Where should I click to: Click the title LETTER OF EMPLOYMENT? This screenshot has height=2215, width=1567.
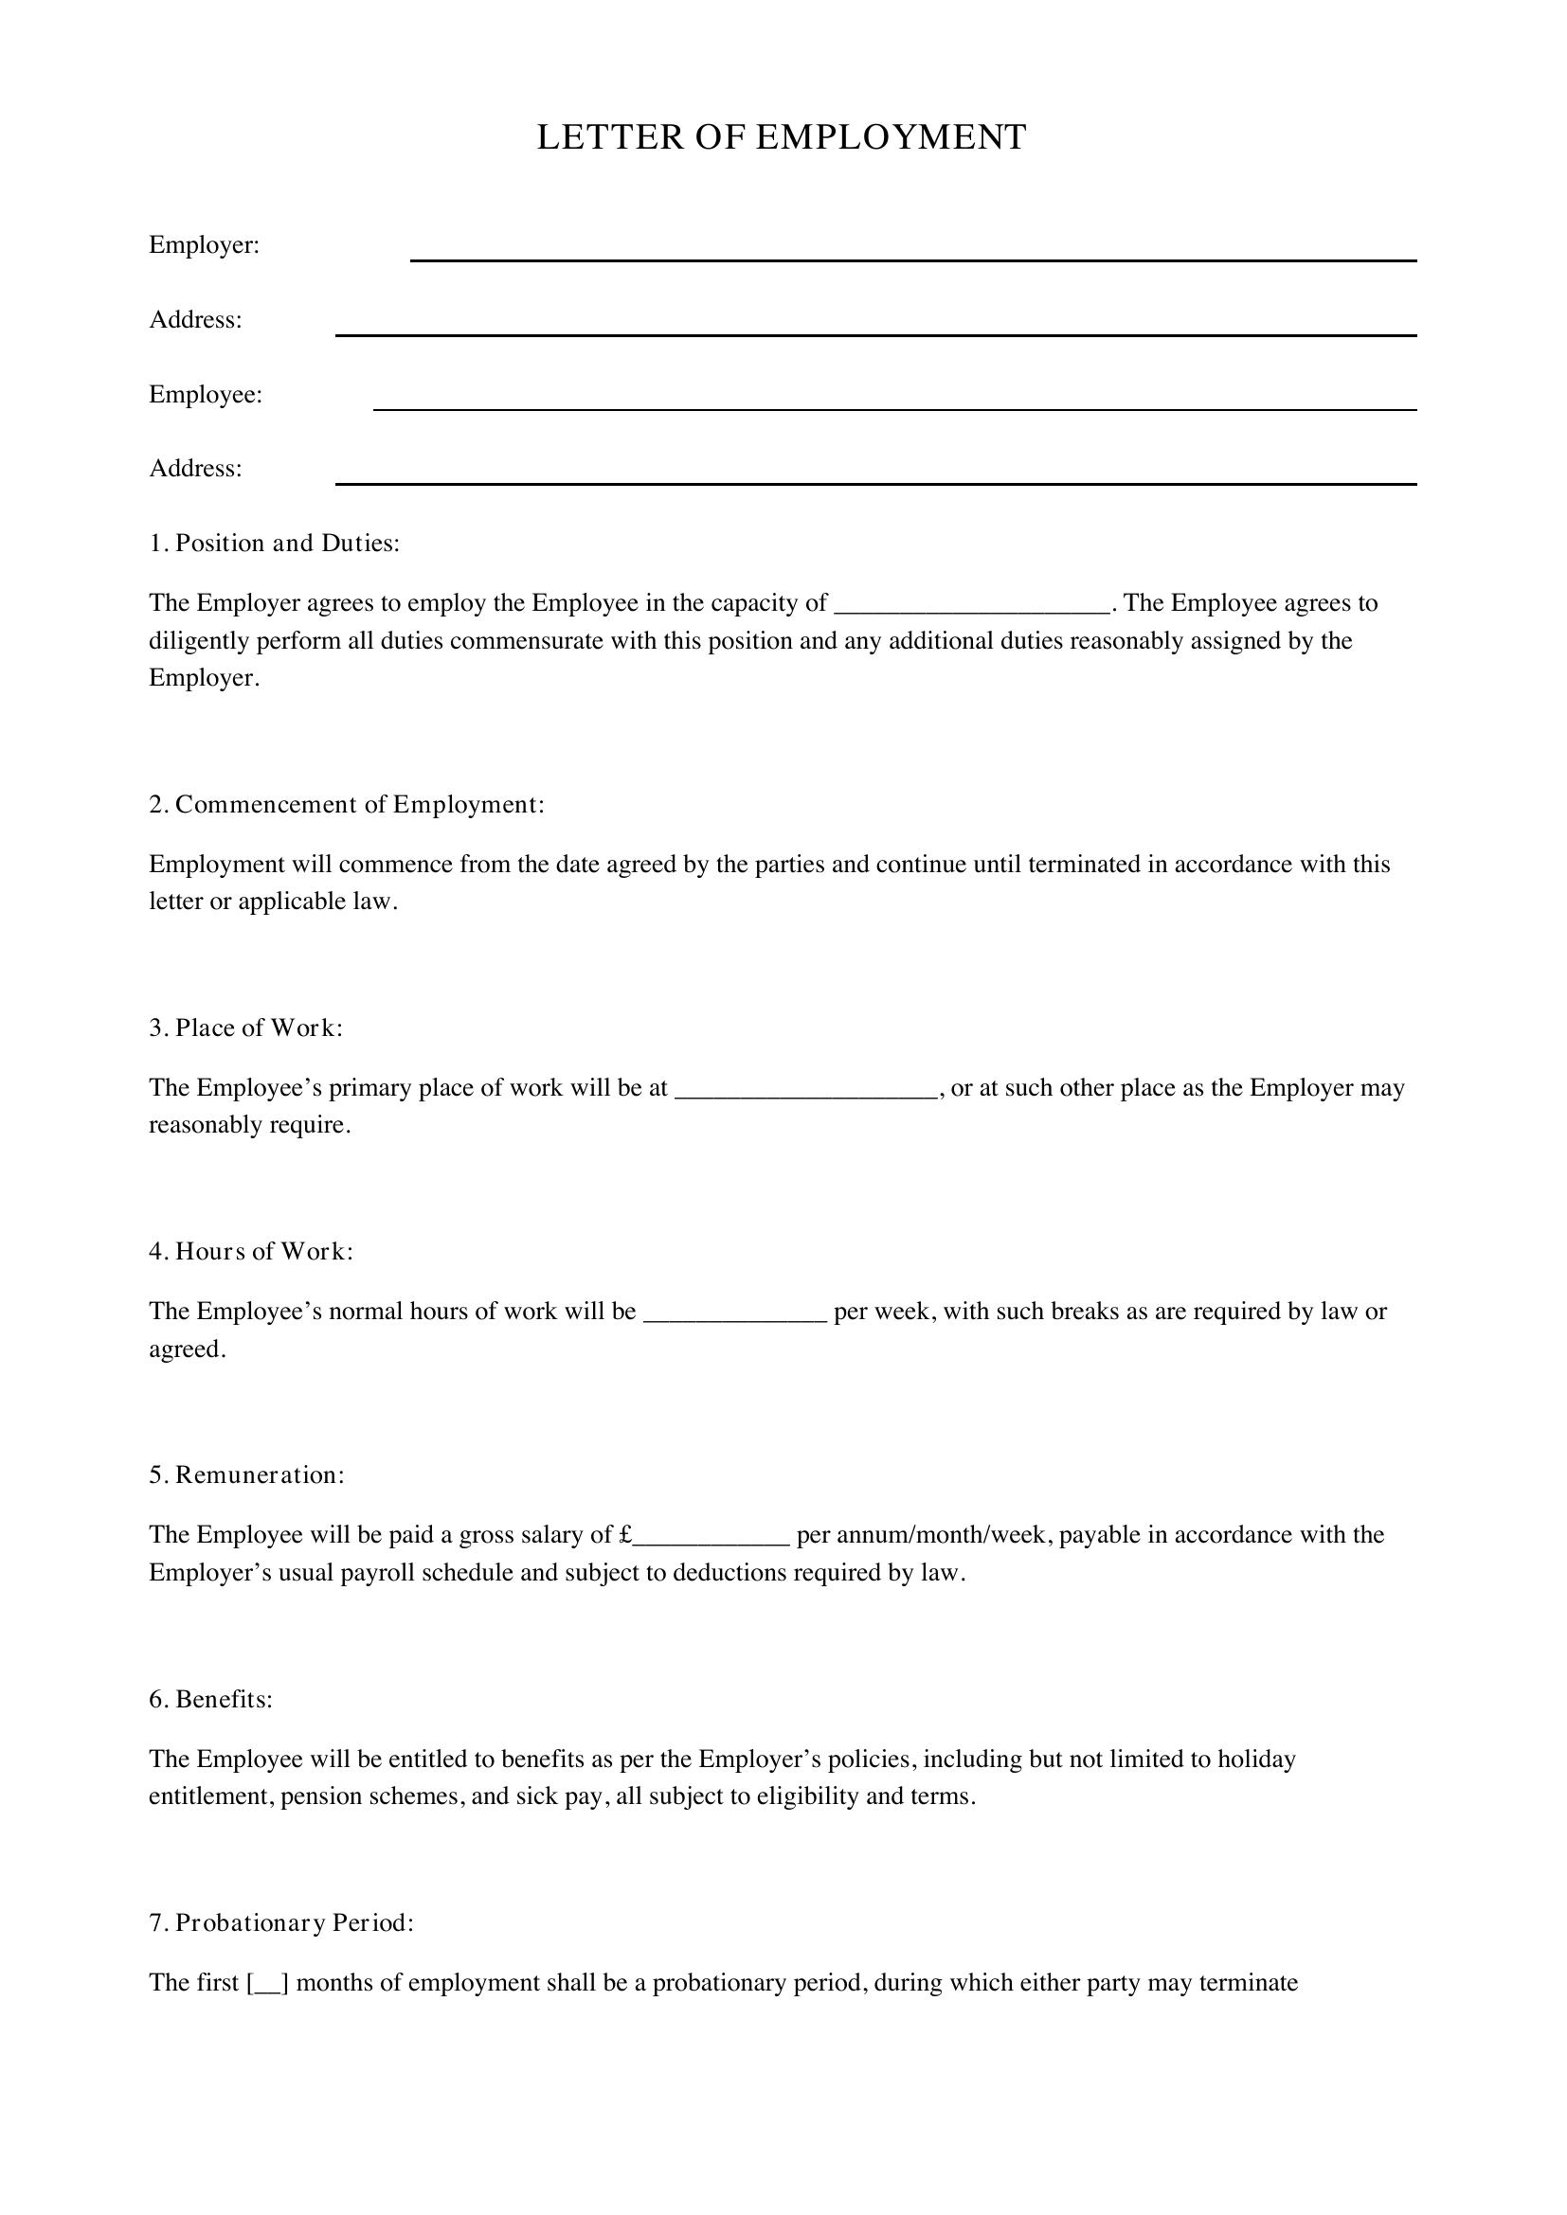pyautogui.click(x=782, y=137)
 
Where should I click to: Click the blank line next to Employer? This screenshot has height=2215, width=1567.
pyautogui.click(x=912, y=256)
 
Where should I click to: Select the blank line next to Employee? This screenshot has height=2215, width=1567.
pyautogui.click(x=894, y=405)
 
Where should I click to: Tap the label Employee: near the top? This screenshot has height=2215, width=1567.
pyautogui.click(x=206, y=395)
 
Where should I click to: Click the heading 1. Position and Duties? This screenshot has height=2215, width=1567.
pyautogui.click(x=274, y=544)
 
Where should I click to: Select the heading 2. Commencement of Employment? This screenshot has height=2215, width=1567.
pyautogui.click(x=347, y=805)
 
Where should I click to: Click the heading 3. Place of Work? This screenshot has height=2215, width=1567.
pyautogui.click(x=246, y=1028)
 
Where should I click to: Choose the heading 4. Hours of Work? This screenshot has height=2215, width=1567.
pyautogui.click(x=251, y=1251)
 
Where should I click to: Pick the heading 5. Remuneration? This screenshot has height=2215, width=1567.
pyautogui.click(x=246, y=1475)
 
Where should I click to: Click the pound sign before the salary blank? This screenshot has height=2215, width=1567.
pyautogui.click(x=625, y=1535)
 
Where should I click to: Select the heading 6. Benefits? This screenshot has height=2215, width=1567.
pyautogui.click(x=210, y=1700)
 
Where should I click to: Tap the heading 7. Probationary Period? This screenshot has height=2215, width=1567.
pyautogui.click(x=280, y=1922)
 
